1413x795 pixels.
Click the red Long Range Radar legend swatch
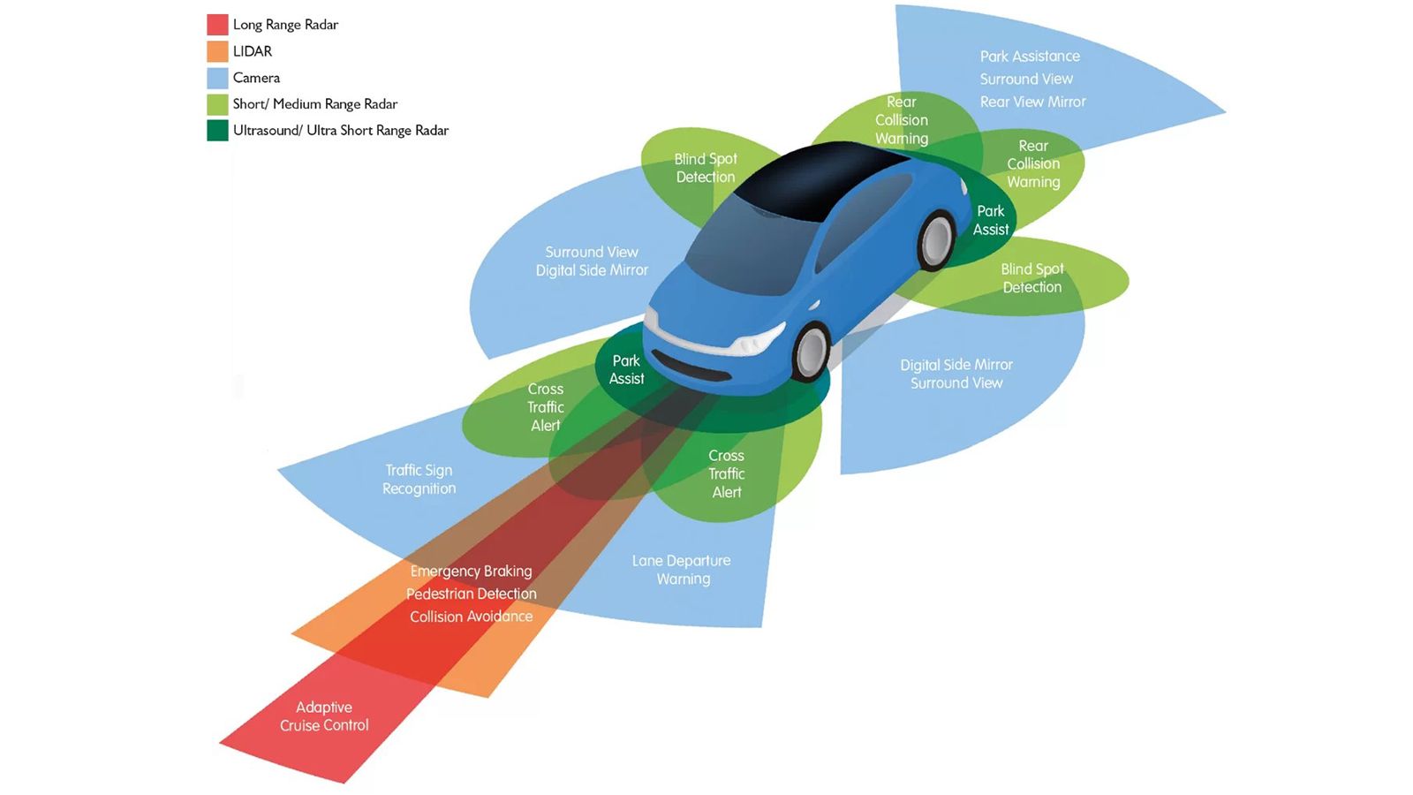(x=217, y=25)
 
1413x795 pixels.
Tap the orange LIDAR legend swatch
(x=217, y=51)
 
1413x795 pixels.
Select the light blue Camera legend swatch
(x=217, y=78)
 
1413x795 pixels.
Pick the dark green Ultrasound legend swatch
(x=217, y=131)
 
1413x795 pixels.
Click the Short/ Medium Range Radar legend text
(x=315, y=104)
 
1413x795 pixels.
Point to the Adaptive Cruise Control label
(x=324, y=716)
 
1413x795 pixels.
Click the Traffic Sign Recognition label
(x=419, y=480)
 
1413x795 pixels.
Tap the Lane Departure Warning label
(x=682, y=570)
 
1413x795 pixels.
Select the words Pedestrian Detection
(x=472, y=594)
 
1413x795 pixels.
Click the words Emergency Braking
(x=472, y=571)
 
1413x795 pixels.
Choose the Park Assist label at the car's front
(x=626, y=370)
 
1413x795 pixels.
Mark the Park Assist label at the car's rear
(x=990, y=220)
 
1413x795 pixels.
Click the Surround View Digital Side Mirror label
(x=592, y=261)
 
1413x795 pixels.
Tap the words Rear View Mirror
(x=1032, y=102)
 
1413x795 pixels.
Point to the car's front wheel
(x=812, y=352)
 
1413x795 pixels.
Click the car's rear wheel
(x=936, y=240)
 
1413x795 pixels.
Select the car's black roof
(x=817, y=180)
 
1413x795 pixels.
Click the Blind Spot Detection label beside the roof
(x=706, y=168)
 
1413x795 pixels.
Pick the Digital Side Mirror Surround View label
(x=956, y=374)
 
